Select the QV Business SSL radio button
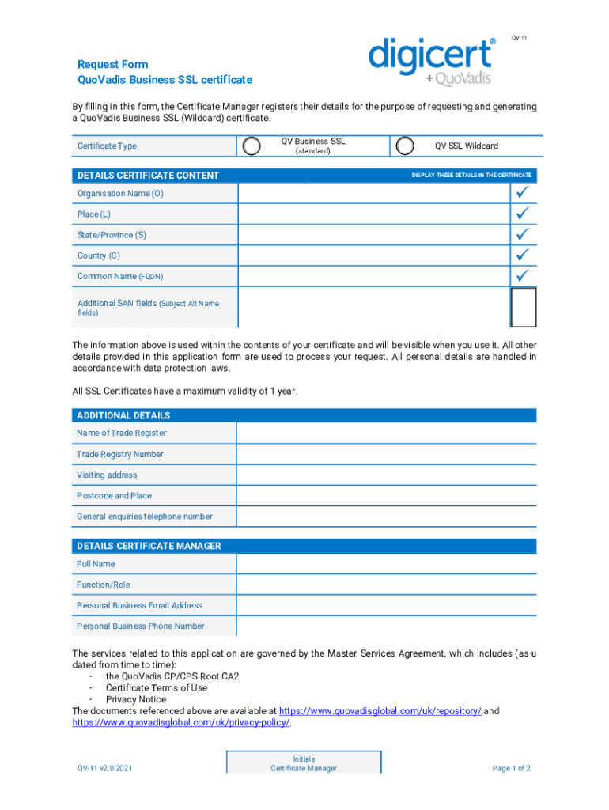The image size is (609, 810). (252, 146)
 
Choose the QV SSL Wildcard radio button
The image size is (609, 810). (404, 146)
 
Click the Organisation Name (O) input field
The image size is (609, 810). (372, 194)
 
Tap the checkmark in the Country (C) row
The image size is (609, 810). (522, 255)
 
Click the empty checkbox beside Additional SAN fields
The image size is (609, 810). (524, 307)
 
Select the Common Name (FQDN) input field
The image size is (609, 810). (372, 277)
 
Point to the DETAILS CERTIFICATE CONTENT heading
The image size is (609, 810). (148, 176)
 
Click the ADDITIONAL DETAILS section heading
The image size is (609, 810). (123, 415)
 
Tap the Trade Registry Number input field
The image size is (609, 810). (386, 454)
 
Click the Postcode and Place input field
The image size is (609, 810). (386, 496)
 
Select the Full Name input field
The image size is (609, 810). (386, 564)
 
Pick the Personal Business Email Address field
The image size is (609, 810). (386, 605)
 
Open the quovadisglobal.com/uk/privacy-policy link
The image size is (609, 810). (181, 723)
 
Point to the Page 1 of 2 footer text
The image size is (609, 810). (511, 768)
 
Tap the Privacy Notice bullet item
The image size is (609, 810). (136, 699)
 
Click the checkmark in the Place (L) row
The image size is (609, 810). (522, 214)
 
